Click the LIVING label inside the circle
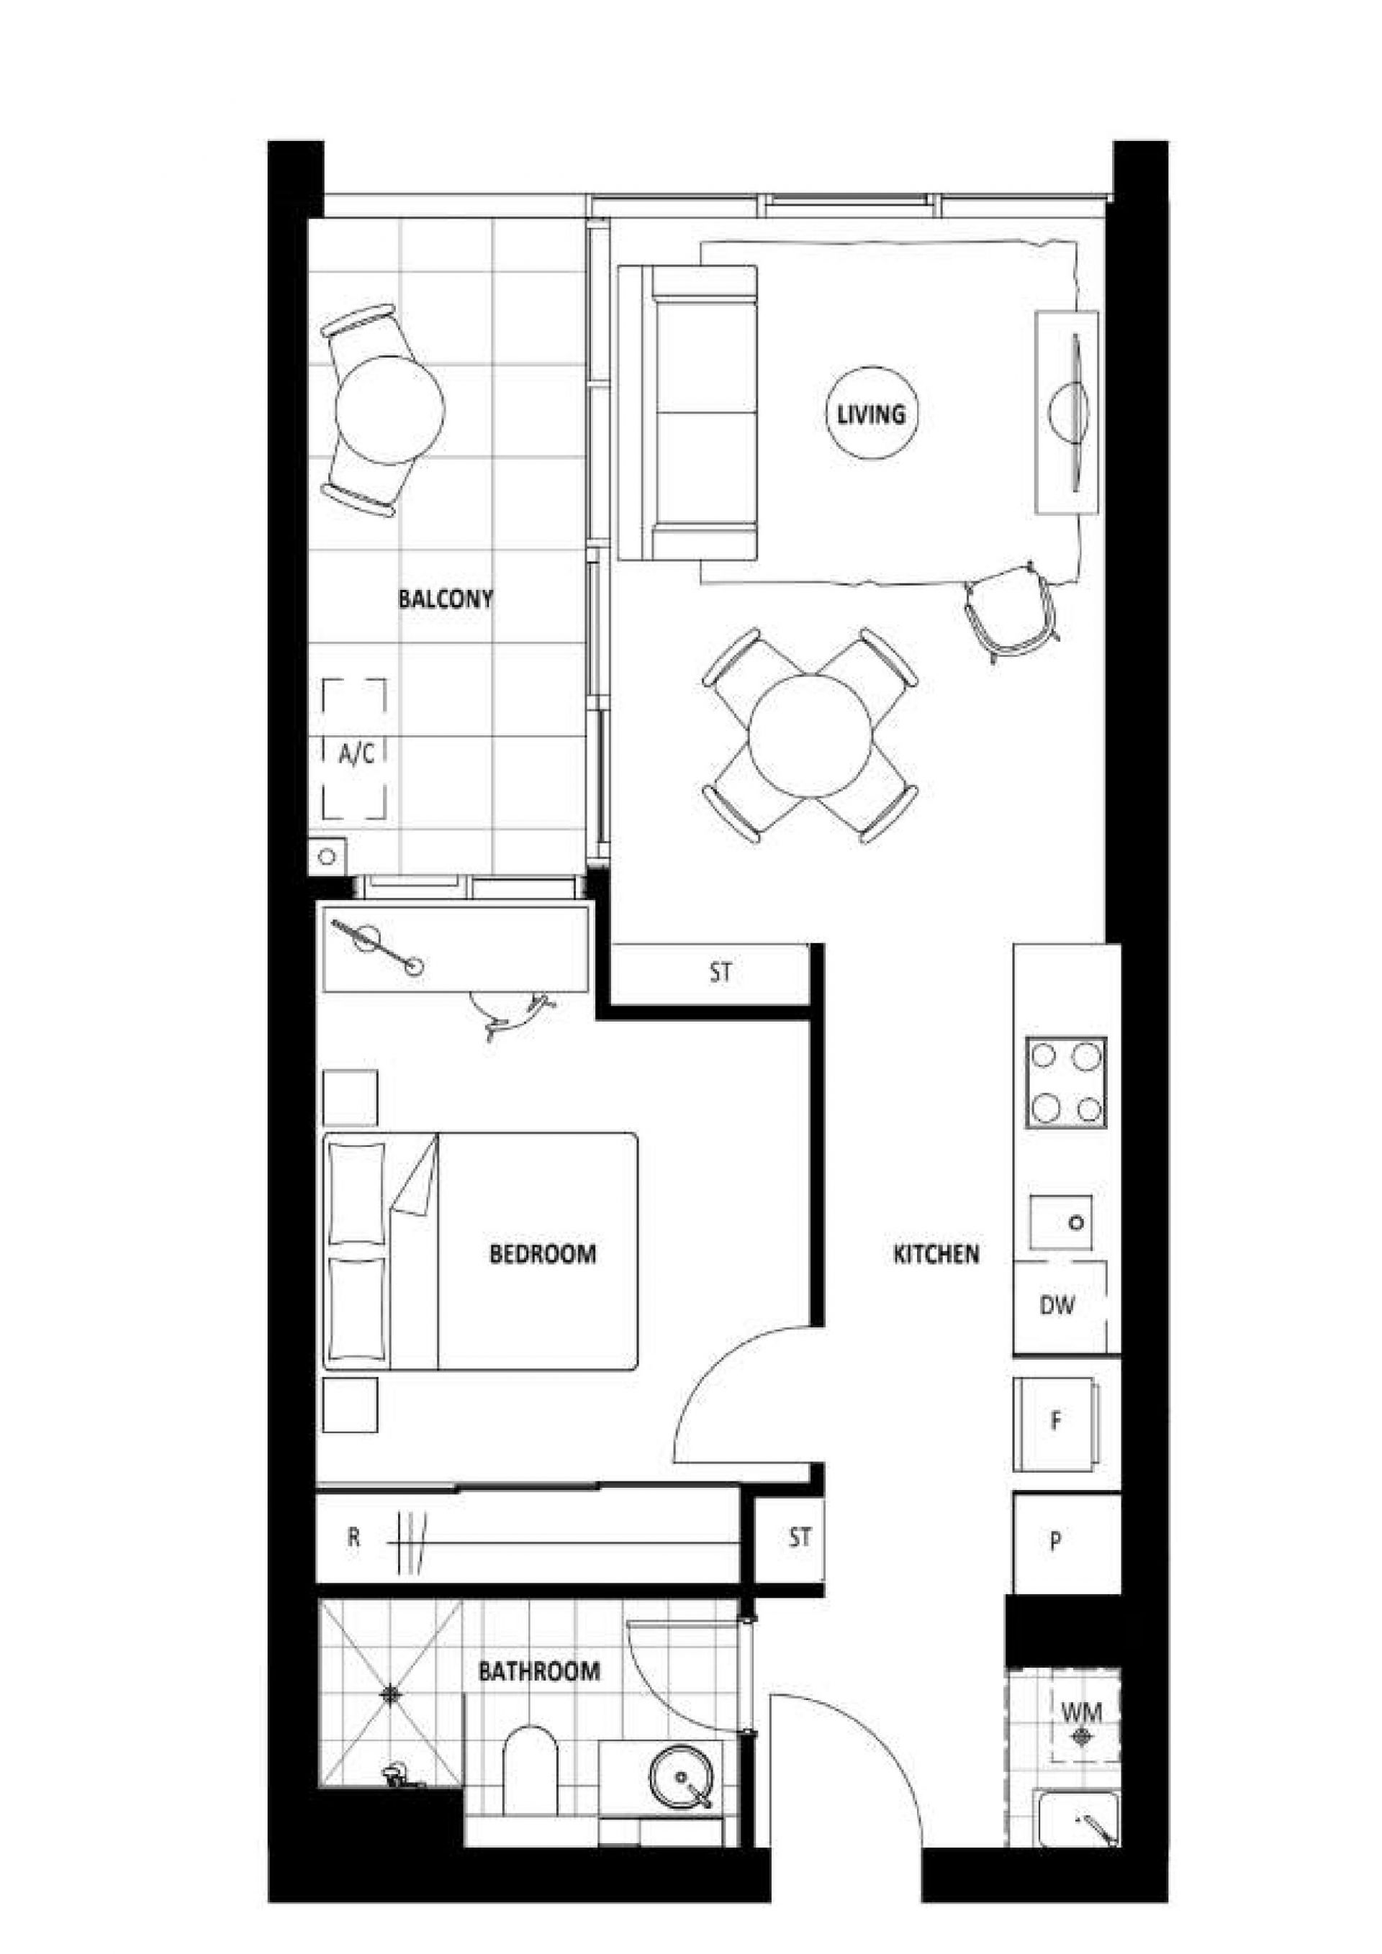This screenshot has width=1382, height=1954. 871,414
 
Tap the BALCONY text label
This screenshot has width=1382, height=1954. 446,599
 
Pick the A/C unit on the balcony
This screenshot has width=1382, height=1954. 354,750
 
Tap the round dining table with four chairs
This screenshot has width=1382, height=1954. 810,735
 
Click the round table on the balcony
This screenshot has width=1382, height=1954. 390,410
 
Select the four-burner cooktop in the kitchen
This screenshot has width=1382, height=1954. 1066,1083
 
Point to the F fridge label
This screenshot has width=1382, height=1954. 1056,1420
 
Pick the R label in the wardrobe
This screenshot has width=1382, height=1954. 354,1538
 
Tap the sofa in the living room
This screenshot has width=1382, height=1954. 687,414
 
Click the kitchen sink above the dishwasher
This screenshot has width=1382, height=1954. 1060,1222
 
